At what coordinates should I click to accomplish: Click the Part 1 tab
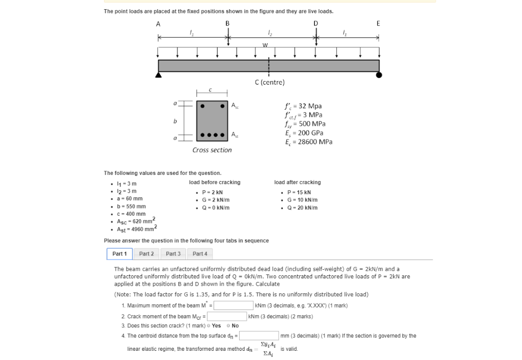pyautogui.click(x=119, y=253)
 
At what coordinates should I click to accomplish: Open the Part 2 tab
pyautogui.click(x=146, y=253)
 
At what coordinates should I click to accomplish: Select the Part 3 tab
pyautogui.click(x=173, y=253)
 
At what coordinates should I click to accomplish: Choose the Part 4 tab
pyautogui.click(x=200, y=253)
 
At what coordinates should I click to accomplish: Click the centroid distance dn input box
pyautogui.click(x=259, y=336)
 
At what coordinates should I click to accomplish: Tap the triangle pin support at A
pyautogui.click(x=159, y=75)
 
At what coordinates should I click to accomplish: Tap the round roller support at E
pyautogui.click(x=379, y=75)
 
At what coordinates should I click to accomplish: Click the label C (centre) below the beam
pyautogui.click(x=269, y=82)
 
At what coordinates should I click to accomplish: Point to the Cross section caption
pyautogui.click(x=212, y=150)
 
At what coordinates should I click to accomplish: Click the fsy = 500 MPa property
pyautogui.click(x=305, y=124)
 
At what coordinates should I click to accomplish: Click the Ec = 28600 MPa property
pyautogui.click(x=308, y=142)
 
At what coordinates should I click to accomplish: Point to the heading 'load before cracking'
pyautogui.click(x=214, y=182)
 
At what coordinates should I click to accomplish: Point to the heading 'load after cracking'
pyautogui.click(x=297, y=182)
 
